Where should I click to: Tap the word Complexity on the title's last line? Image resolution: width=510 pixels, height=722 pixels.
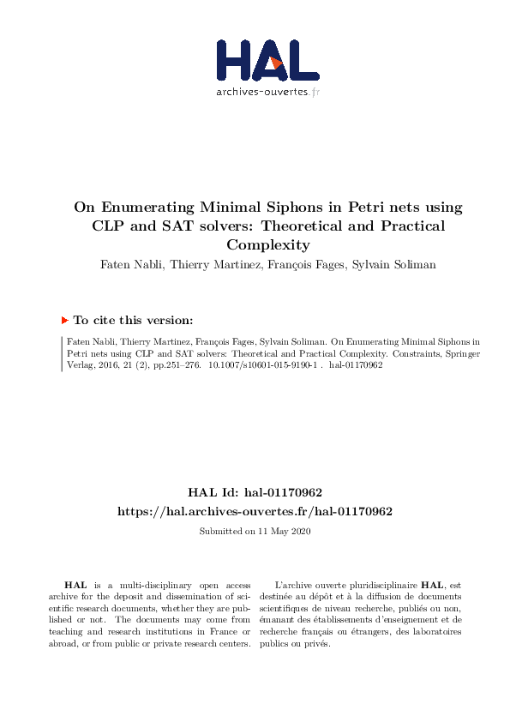(255, 245)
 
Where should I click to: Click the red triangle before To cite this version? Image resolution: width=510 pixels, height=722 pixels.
(64, 320)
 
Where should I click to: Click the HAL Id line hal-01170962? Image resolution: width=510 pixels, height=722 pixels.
(255, 493)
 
